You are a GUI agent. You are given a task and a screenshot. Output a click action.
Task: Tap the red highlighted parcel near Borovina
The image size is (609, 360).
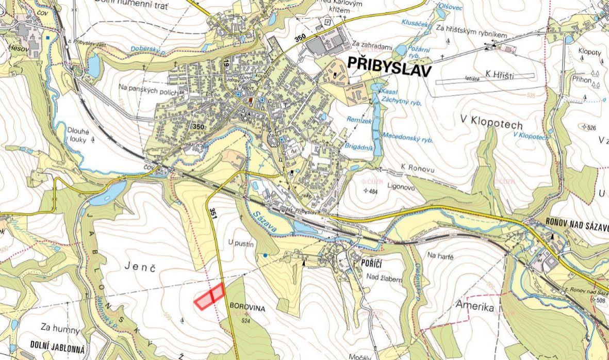pos(209,297)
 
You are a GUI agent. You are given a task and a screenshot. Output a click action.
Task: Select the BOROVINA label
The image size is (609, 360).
pos(248,308)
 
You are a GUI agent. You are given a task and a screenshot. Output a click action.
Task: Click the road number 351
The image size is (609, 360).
pos(212,213)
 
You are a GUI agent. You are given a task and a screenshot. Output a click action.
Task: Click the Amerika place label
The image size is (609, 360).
pos(474,307)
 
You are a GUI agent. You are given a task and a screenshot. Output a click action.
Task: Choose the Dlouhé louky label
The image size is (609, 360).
pos(78,135)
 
